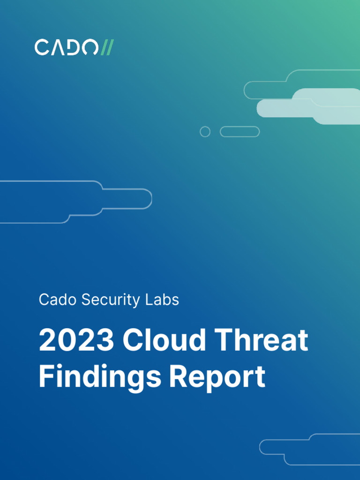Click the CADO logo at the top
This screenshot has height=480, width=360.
74,47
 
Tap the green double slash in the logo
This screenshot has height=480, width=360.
107,47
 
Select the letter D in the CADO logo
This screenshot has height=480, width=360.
74,47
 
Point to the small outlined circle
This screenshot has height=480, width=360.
205,132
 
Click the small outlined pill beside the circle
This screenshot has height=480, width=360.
240,132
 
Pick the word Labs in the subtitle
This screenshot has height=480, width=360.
165,300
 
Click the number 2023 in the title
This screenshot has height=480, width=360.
76,340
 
